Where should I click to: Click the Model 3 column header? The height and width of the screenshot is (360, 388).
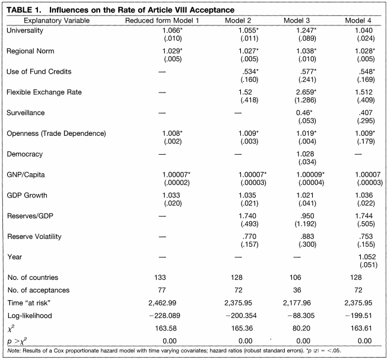297,21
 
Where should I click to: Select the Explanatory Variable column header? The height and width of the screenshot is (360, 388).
57,21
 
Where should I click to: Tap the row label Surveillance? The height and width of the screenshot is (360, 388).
26,113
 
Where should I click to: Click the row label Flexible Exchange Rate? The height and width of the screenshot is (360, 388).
44,93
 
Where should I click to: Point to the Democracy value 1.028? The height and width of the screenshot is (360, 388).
305,154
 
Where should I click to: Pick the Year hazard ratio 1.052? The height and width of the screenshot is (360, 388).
367,257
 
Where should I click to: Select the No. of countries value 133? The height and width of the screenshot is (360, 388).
160,278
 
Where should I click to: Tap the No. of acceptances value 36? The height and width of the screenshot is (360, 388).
297,290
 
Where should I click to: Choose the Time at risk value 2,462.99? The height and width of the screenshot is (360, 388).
163,303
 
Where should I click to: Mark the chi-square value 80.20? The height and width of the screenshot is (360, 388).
301,329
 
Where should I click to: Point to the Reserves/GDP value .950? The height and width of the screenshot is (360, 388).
307,216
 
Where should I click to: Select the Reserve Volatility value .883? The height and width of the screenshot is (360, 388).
307,236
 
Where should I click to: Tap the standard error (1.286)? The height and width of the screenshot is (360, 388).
305,100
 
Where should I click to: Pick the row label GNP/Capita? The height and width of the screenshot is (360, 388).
26,175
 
